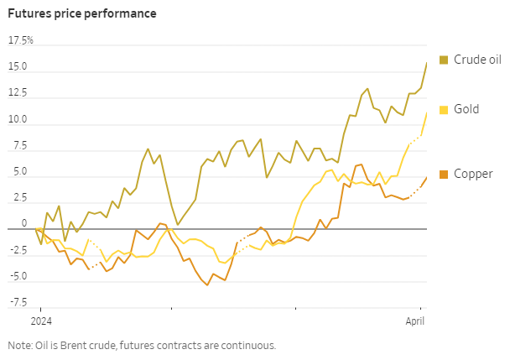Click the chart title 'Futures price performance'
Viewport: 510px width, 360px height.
coord(82,14)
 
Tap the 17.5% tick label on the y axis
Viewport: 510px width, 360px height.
coord(20,40)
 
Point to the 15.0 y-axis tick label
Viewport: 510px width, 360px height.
coord(18,66)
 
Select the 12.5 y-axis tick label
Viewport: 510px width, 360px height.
coord(18,93)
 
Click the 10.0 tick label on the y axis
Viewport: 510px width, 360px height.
coord(18,119)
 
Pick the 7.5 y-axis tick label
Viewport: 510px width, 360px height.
coord(20,145)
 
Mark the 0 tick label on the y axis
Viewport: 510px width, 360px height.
coord(24,223)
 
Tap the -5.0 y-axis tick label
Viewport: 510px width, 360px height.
coord(18,276)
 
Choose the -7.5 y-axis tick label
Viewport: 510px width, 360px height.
coord(18,303)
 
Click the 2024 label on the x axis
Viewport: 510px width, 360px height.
coord(41,321)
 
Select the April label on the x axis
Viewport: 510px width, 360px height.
coord(415,321)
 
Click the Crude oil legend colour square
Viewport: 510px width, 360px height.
coord(444,60)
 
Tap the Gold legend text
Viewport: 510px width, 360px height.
coord(466,109)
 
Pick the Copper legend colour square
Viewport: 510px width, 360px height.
coord(444,175)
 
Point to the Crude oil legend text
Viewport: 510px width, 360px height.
coord(477,60)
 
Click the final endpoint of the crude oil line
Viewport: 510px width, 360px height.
coord(427,62)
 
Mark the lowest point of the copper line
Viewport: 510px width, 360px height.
coord(207,285)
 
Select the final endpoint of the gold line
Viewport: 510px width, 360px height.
coord(427,112)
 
